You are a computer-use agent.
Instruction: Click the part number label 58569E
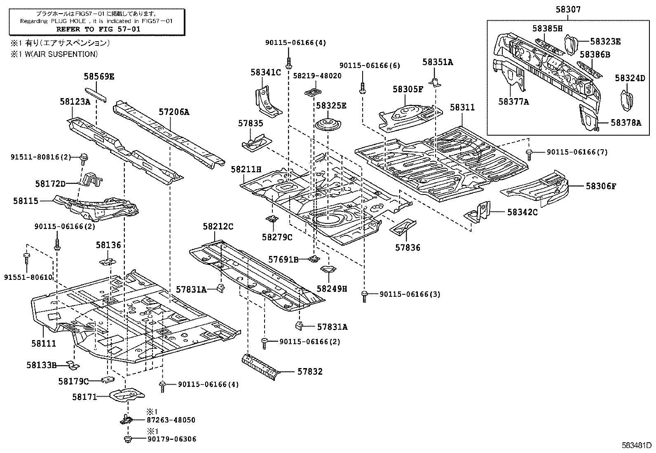99,76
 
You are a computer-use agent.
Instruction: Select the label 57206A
174,112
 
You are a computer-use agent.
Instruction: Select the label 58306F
601,186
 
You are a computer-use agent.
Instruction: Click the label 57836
408,247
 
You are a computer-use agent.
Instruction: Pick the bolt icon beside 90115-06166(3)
364,296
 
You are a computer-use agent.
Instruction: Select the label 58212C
218,226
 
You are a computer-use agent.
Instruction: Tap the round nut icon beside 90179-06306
127,439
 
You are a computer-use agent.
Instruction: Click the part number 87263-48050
171,420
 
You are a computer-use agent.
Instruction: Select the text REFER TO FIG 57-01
98,29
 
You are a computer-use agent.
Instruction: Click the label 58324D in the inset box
630,78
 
